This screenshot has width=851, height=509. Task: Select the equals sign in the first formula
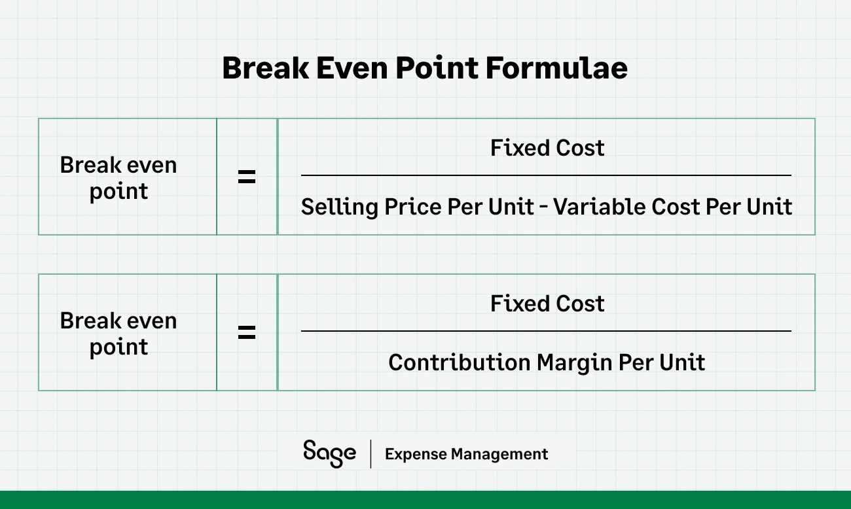tap(247, 177)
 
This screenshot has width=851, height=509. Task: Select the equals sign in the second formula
tap(247, 332)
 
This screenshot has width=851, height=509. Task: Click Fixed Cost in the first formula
tap(547, 148)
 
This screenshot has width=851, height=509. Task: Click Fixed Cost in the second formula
tap(547, 304)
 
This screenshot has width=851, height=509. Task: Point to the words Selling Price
tap(372, 207)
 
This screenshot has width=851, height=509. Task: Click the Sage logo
tap(329, 453)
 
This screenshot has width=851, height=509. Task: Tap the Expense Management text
tap(466, 454)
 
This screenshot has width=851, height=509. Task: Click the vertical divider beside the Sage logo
tap(371, 454)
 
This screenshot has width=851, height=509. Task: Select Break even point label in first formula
tap(118, 178)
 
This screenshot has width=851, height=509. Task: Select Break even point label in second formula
tap(118, 334)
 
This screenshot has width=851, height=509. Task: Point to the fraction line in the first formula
tap(546, 175)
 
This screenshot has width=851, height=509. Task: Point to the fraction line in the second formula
tap(546, 331)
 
